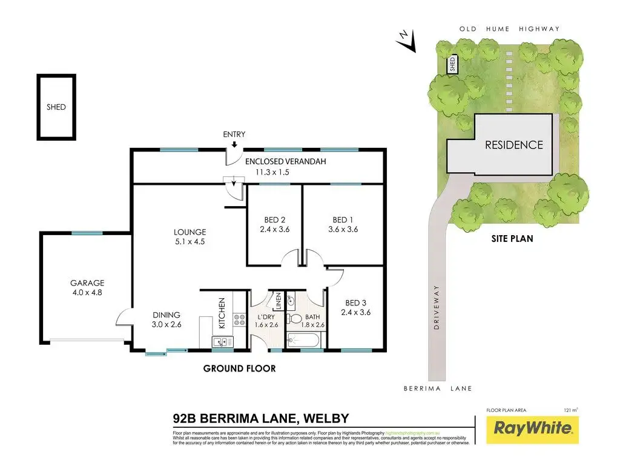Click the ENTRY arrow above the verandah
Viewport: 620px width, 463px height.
click(234, 144)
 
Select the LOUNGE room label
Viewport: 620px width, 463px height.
click(190, 232)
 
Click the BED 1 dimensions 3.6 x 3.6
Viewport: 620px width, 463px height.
click(343, 230)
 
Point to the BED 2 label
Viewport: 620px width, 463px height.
click(275, 219)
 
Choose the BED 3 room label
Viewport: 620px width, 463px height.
click(357, 302)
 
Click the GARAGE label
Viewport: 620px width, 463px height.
click(87, 282)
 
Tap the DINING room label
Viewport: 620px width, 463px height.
click(167, 315)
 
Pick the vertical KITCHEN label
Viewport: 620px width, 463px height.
click(222, 313)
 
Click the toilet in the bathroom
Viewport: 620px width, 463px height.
click(296, 319)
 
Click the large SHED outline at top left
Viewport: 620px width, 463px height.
click(56, 107)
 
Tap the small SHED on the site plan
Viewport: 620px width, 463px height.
click(452, 65)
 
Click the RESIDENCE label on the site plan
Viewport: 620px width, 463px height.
click(513, 145)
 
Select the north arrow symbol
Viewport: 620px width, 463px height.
click(406, 40)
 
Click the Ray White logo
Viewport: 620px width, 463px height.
click(533, 428)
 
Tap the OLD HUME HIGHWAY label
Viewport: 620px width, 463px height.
click(509, 28)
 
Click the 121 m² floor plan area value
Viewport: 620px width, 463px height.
click(570, 410)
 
